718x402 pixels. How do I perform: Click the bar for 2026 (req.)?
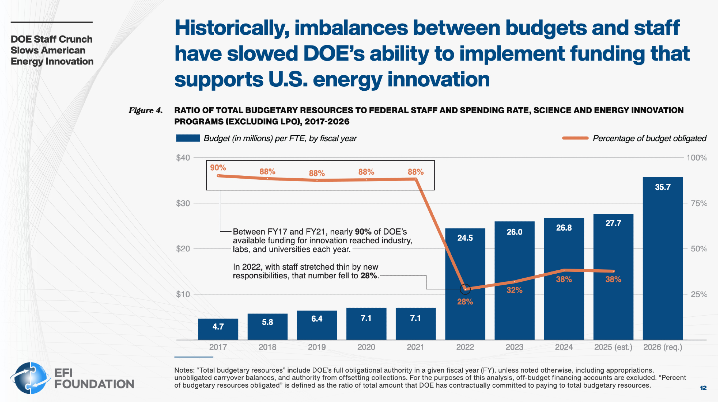(663, 258)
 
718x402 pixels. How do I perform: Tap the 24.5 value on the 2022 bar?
(465, 238)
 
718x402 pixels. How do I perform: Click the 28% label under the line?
(465, 302)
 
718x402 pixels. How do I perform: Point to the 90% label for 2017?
(218, 168)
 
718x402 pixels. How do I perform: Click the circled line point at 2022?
(465, 289)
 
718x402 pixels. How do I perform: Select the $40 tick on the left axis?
(183, 158)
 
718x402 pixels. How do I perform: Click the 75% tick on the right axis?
(699, 203)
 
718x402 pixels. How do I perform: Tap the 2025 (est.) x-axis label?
(613, 347)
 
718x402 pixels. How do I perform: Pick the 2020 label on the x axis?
(366, 347)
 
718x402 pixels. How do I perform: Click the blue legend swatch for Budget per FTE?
(188, 138)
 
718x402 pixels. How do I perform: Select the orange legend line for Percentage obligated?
(575, 138)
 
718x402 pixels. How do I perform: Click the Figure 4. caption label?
(145, 110)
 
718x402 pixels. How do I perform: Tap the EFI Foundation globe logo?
(31, 378)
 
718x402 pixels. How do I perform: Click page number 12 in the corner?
(703, 388)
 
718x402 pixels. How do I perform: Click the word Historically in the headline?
(232, 28)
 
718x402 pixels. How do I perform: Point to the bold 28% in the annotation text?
(369, 276)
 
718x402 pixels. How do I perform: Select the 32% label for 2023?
(514, 290)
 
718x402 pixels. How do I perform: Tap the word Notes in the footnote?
(184, 370)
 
